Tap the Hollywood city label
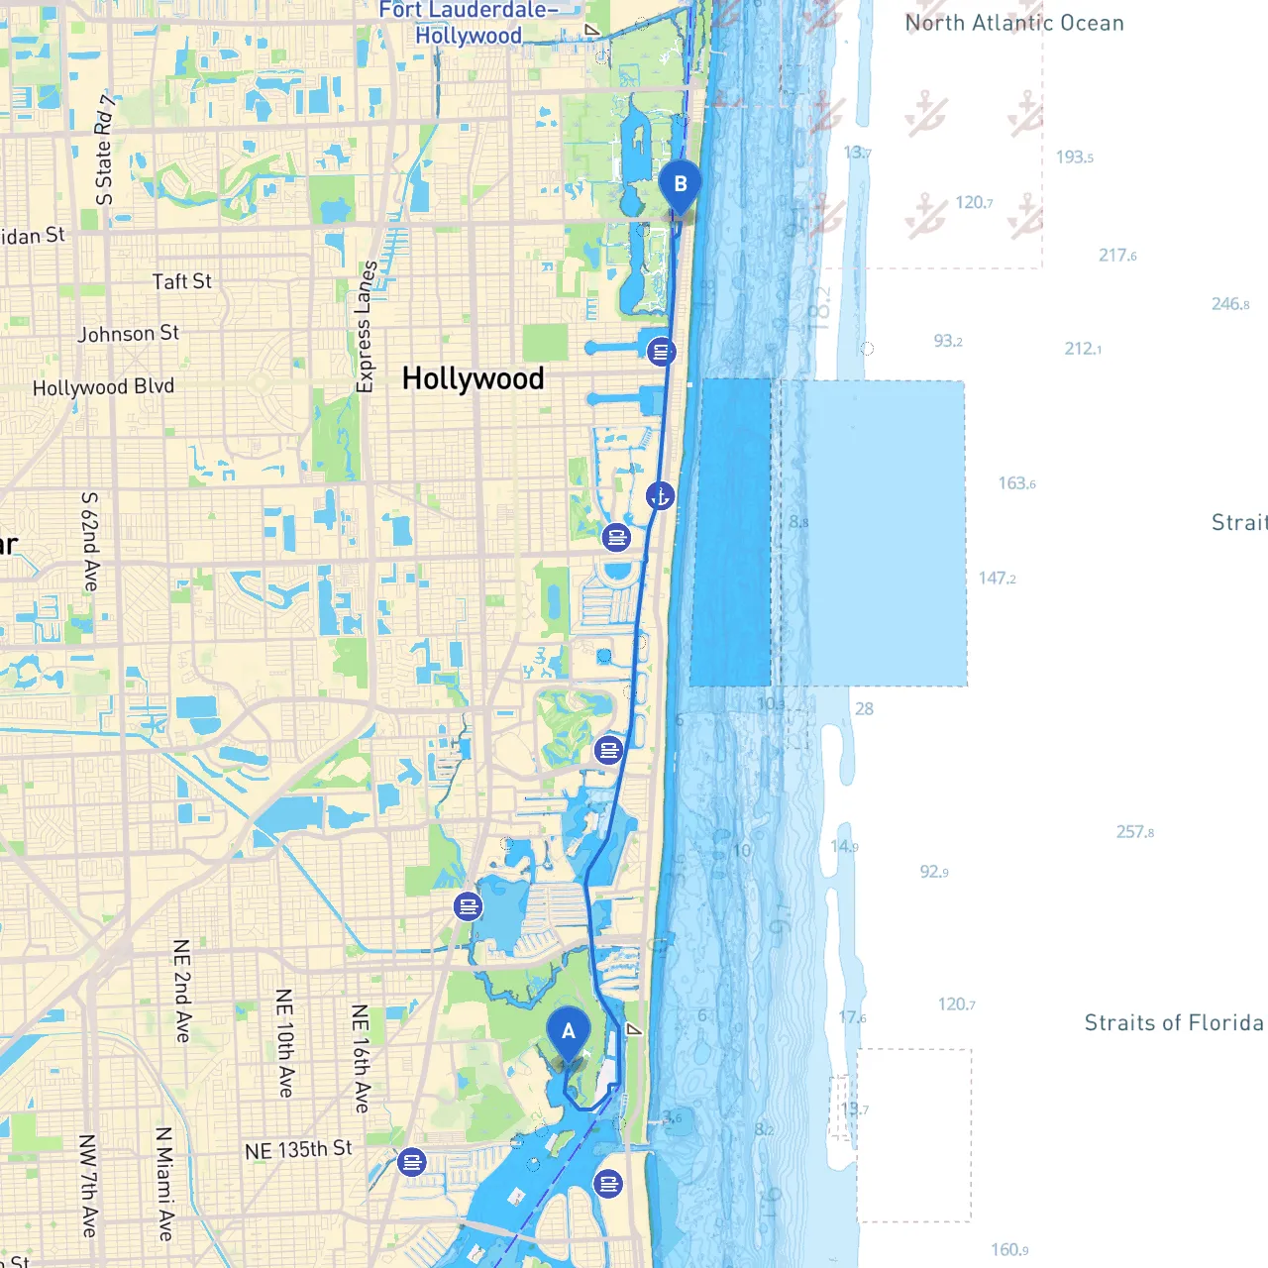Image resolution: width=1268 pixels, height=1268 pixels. (473, 378)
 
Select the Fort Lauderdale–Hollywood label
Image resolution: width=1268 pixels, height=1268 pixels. (469, 24)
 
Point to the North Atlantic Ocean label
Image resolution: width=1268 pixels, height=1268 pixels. (1014, 23)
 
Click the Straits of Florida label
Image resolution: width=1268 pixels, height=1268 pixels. (1174, 1022)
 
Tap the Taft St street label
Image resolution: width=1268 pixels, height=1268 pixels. (182, 281)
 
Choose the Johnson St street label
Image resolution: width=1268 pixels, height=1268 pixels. (129, 334)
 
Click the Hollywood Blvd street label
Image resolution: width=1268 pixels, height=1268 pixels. (103, 387)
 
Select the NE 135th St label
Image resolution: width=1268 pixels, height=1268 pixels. (298, 1150)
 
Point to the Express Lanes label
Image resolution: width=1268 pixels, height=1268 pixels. (366, 327)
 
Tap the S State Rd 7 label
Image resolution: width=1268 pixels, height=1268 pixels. (104, 150)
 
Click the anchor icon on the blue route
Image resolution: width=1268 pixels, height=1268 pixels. (660, 496)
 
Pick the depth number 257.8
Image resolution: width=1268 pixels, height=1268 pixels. (1135, 832)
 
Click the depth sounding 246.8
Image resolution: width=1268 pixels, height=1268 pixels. (1230, 304)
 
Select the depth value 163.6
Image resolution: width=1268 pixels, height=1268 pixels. (1016, 483)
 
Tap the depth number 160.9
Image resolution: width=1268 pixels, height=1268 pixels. (1009, 1250)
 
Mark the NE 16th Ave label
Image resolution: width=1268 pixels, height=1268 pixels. (361, 1058)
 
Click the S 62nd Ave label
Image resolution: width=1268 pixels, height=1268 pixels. (90, 542)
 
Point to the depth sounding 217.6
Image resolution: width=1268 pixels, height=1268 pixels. (1117, 256)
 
